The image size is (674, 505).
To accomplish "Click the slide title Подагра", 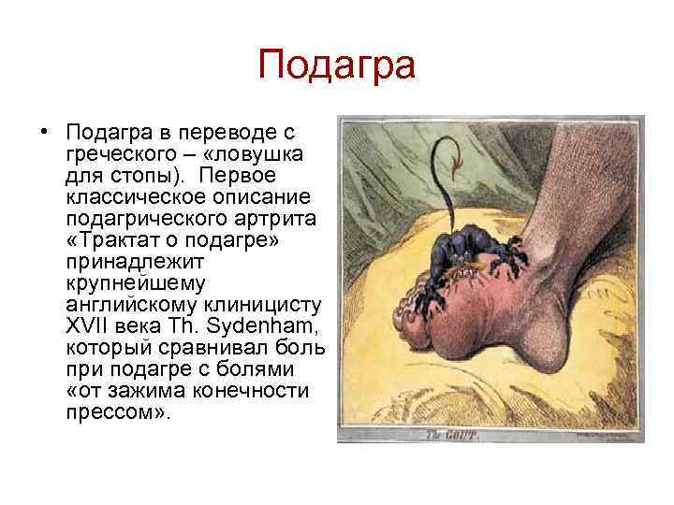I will [x=336, y=66].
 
